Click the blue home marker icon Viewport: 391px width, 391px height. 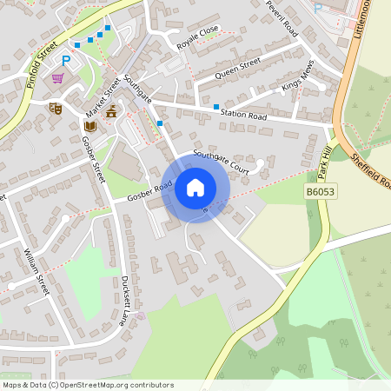coord(195,187)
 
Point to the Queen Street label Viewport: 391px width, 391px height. coord(237,66)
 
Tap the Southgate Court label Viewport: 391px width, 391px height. coord(221,162)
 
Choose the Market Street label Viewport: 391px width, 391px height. coord(103,96)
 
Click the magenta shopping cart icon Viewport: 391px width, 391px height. coord(57,78)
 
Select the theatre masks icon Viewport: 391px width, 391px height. coord(56,108)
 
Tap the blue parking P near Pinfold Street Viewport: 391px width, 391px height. coord(66,61)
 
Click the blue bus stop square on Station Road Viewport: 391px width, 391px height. coord(215,106)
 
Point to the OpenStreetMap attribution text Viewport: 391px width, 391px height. coord(88,385)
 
